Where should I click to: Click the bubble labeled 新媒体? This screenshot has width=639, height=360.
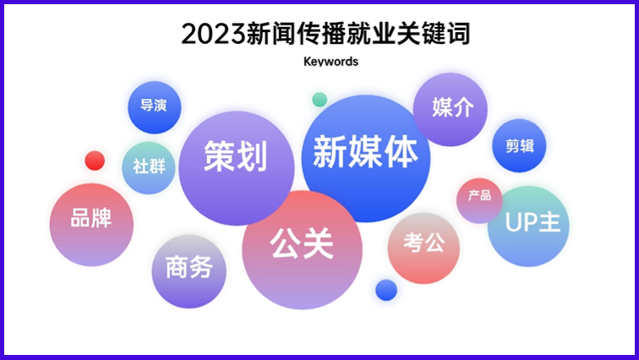(x=365, y=155)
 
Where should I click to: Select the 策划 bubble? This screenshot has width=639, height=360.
(x=236, y=157)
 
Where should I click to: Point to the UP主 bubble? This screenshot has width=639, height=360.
(x=528, y=226)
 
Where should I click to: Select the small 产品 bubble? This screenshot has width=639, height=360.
(x=479, y=197)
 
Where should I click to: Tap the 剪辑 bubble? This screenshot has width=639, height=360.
(x=520, y=146)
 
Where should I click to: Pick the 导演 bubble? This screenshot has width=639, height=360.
(x=154, y=107)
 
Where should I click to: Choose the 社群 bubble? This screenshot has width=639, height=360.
(x=149, y=166)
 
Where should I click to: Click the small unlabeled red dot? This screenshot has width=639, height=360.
(x=95, y=160)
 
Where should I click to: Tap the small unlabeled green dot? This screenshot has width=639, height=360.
(x=319, y=100)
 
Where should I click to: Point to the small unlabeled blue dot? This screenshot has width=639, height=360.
(x=386, y=290)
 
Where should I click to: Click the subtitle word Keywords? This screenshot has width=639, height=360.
(x=330, y=62)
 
